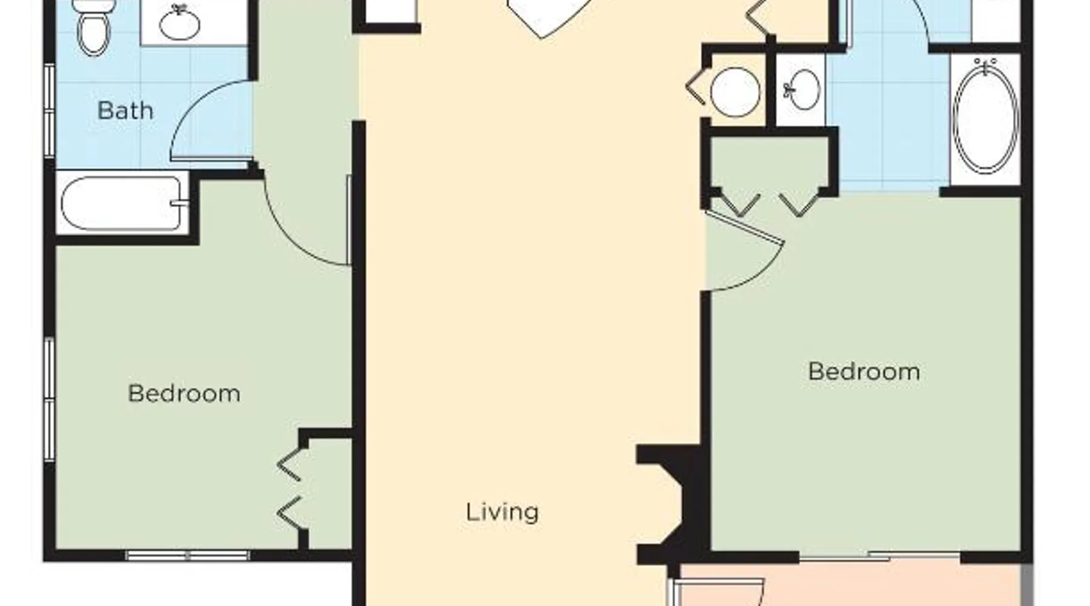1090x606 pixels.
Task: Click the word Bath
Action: [125, 111]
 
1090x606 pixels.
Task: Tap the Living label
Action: [502, 512]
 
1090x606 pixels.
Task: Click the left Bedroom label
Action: [184, 394]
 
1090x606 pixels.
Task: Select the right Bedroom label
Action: [864, 371]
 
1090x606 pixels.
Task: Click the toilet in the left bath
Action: [94, 27]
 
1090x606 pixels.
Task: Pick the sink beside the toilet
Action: [179, 23]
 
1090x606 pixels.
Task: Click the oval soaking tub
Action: [985, 116]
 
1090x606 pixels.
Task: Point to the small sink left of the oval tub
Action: [802, 90]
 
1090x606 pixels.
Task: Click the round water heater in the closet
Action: [735, 92]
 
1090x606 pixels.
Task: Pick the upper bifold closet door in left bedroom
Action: [289, 465]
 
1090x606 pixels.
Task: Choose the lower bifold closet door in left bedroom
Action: [289, 513]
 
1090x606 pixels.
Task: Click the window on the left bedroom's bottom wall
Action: [188, 555]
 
